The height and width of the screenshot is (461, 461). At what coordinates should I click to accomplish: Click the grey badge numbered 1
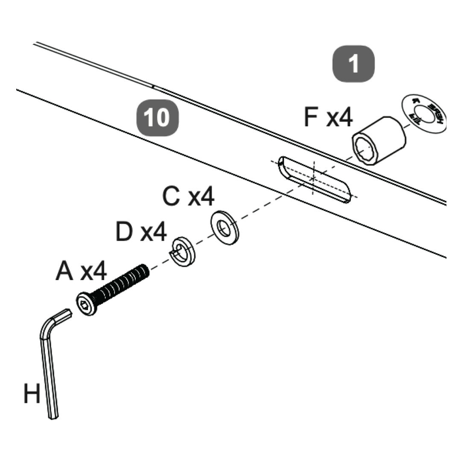(x=353, y=64)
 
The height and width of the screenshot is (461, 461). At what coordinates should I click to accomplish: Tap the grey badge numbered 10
(x=157, y=117)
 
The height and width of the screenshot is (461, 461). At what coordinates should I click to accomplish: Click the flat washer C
(x=224, y=227)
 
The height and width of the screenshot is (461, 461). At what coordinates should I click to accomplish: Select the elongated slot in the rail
(x=315, y=179)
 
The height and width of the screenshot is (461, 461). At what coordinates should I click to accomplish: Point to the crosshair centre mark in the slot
(x=314, y=178)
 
